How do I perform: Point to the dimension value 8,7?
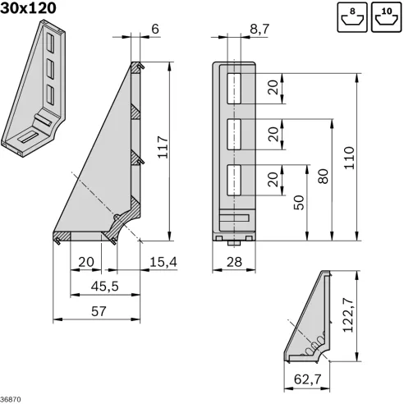(257, 29)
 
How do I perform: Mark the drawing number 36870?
(11, 398)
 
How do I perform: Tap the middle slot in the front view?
(235, 131)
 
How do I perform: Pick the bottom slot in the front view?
(235, 177)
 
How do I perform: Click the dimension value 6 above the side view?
(155, 29)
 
